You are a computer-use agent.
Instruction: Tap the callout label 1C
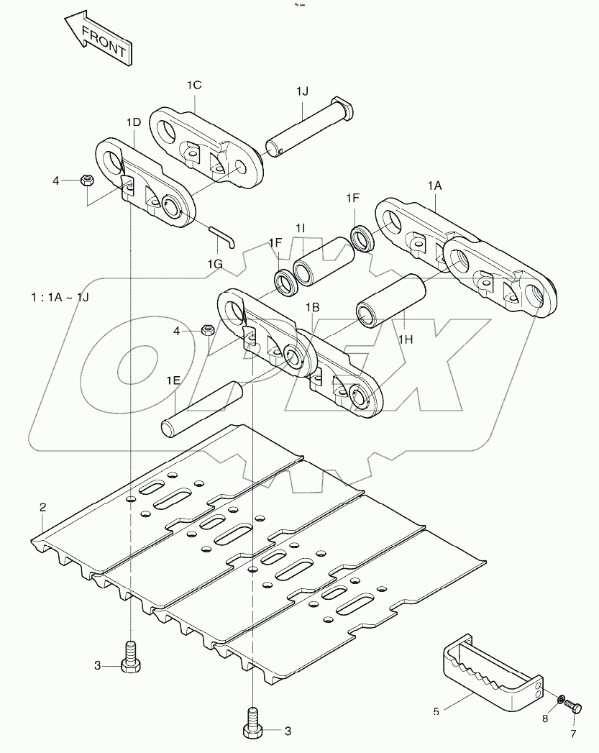pyautogui.click(x=194, y=85)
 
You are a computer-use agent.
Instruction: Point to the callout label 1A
pyautogui.click(x=435, y=186)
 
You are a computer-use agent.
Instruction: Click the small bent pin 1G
pyautogui.click(x=221, y=235)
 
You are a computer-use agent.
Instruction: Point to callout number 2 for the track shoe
pyautogui.click(x=42, y=508)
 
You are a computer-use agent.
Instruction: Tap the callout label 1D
pyautogui.click(x=133, y=122)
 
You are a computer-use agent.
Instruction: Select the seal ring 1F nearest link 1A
pyautogui.click(x=361, y=238)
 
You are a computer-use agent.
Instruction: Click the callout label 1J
pyautogui.click(x=302, y=91)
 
